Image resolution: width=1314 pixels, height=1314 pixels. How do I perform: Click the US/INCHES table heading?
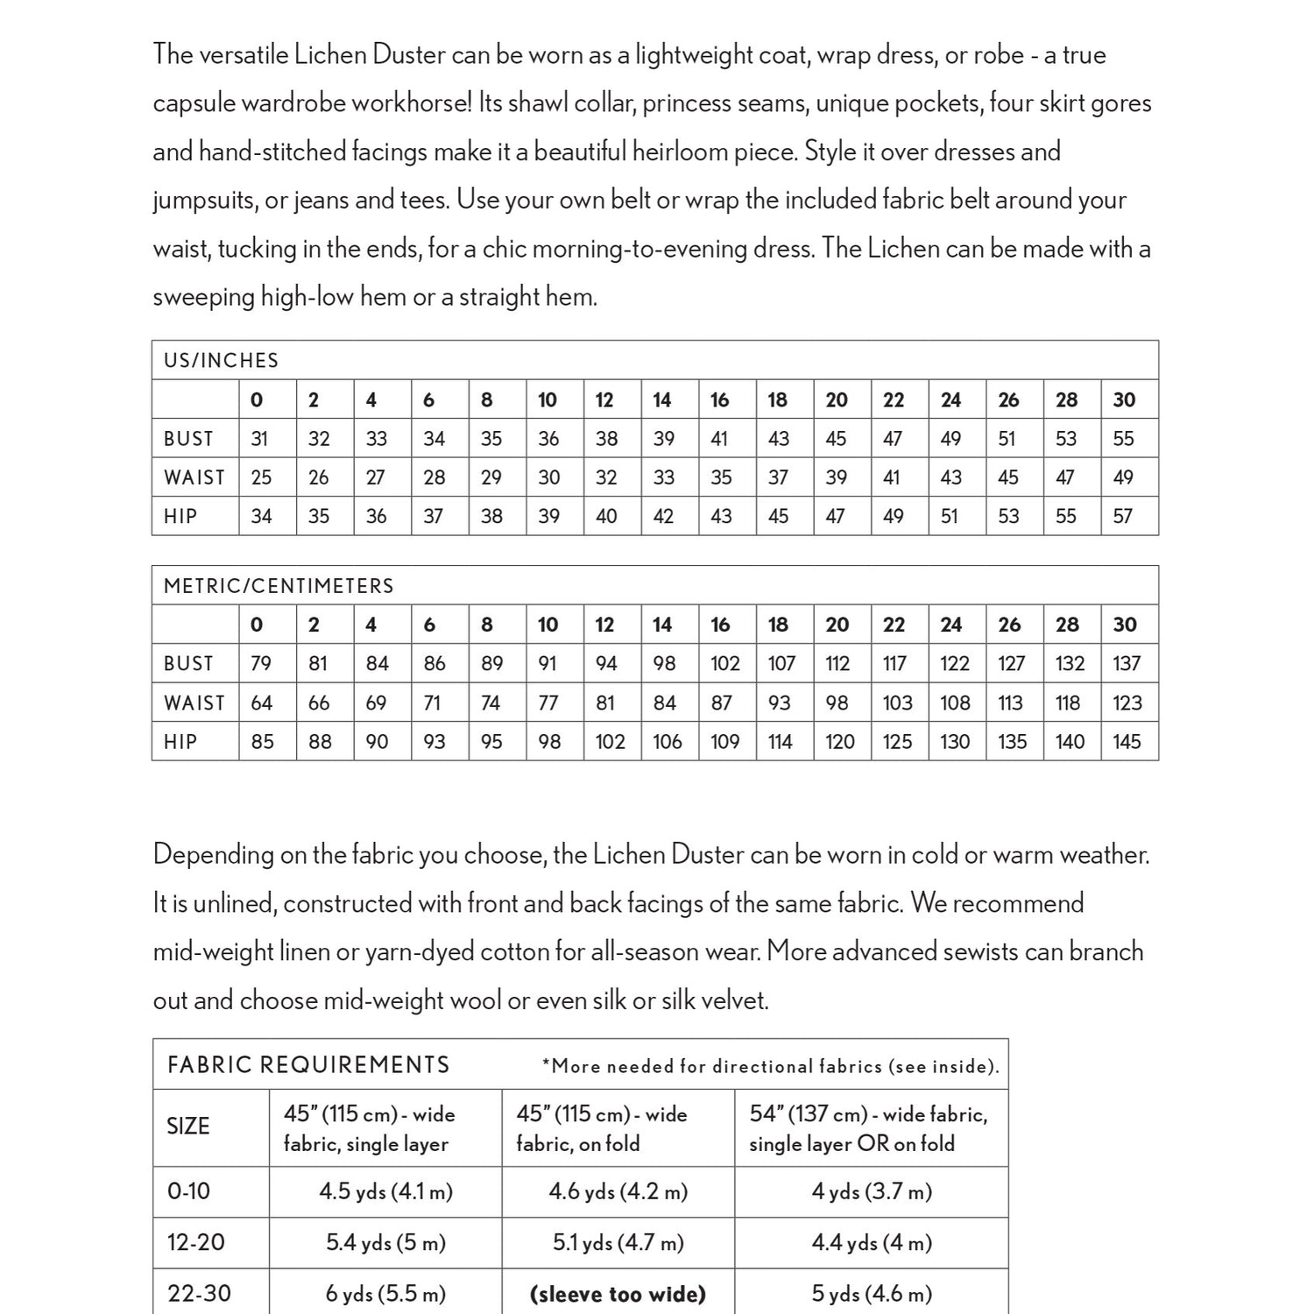pyautogui.click(x=221, y=361)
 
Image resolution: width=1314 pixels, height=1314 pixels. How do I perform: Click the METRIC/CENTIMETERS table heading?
pyautogui.click(x=279, y=586)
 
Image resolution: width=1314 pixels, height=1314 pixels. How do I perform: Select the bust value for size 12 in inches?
pyautogui.click(x=606, y=439)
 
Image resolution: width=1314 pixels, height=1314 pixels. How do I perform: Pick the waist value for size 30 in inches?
pyautogui.click(x=1123, y=477)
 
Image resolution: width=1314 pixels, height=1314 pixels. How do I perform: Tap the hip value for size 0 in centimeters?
pyautogui.click(x=262, y=742)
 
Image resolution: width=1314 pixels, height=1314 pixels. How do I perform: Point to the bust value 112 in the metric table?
pyautogui.click(x=837, y=664)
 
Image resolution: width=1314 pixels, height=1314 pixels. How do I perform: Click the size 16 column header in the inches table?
pyautogui.click(x=719, y=400)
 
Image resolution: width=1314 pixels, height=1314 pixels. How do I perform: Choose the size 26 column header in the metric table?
pyautogui.click(x=1009, y=625)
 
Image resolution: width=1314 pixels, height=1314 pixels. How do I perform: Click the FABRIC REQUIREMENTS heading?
pyautogui.click(x=308, y=1065)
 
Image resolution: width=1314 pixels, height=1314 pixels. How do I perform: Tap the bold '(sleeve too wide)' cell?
pyautogui.click(x=618, y=1294)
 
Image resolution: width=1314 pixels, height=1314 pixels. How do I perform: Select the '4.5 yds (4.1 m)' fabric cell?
pyautogui.click(x=385, y=1191)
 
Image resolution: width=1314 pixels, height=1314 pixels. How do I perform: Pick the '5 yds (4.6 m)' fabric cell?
pyautogui.click(x=872, y=1294)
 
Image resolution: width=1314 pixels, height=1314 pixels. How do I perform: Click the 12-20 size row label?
pyautogui.click(x=196, y=1242)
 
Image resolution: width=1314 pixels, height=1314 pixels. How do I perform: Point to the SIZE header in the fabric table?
pyautogui.click(x=187, y=1127)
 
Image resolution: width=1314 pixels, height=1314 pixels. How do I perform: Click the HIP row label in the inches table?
pyautogui.click(x=180, y=517)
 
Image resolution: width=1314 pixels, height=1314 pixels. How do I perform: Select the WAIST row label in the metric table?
pyautogui.click(x=194, y=703)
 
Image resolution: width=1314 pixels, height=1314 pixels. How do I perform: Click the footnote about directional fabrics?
pyautogui.click(x=770, y=1067)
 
